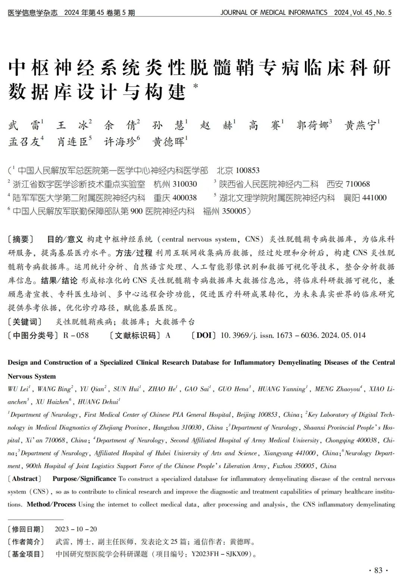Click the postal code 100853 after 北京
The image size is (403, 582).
(248, 170)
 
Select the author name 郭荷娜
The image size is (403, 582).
(312, 125)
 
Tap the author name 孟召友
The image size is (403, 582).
(24, 142)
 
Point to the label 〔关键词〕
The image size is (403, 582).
(25, 322)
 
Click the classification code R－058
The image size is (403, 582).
(76, 335)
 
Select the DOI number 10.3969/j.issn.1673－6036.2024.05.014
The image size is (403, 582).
(293, 335)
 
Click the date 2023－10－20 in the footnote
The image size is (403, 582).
(76, 529)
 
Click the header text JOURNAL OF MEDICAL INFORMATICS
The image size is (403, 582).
(274, 12)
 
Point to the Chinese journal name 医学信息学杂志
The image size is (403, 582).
(33, 13)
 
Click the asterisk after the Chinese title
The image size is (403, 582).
(196, 86)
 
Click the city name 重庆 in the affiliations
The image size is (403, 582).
(162, 198)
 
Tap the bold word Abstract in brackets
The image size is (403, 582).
(25, 479)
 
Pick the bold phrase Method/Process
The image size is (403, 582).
(51, 504)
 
